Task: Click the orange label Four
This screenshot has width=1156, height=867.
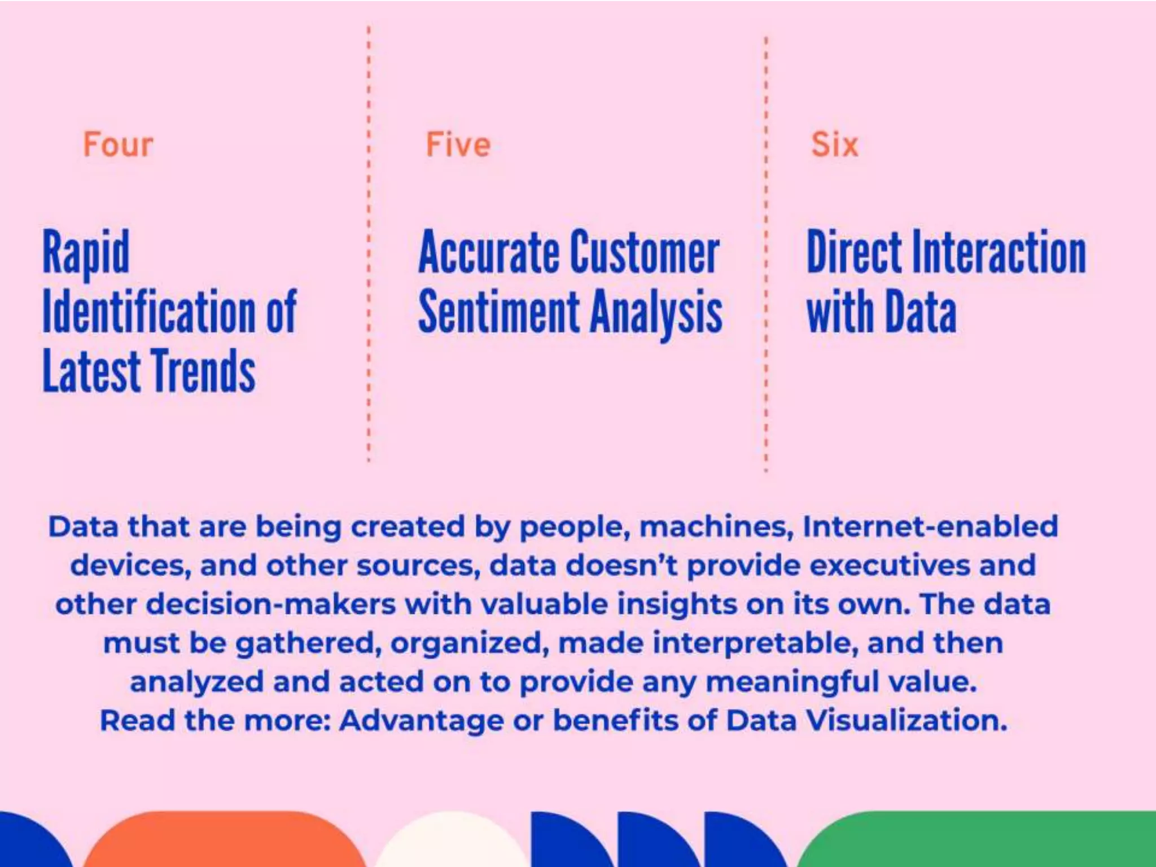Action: pyautogui.click(x=118, y=144)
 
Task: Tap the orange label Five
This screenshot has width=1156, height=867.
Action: pyautogui.click(x=458, y=144)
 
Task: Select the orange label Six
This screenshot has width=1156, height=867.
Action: pyautogui.click(x=834, y=144)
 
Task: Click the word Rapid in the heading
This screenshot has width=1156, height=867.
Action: pyautogui.click(x=86, y=252)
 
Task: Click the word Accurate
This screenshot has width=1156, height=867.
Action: pyautogui.click(x=489, y=252)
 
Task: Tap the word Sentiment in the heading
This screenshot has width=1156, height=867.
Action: pyautogui.click(x=499, y=312)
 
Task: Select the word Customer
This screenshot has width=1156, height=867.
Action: pyautogui.click(x=645, y=252)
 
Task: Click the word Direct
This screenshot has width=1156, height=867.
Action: pyautogui.click(x=855, y=252)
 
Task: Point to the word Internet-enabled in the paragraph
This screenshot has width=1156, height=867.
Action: pyautogui.click(x=930, y=527)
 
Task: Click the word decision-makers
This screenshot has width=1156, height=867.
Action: pyautogui.click(x=271, y=605)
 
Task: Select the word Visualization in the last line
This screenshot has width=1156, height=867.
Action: pyautogui.click(x=906, y=721)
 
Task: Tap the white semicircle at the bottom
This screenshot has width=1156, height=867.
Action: pyautogui.click(x=452, y=844)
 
